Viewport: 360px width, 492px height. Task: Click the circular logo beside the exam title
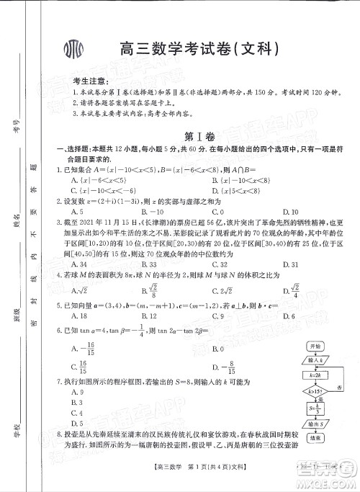(x=74, y=50)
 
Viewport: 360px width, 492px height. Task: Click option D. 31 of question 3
(x=291, y=264)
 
